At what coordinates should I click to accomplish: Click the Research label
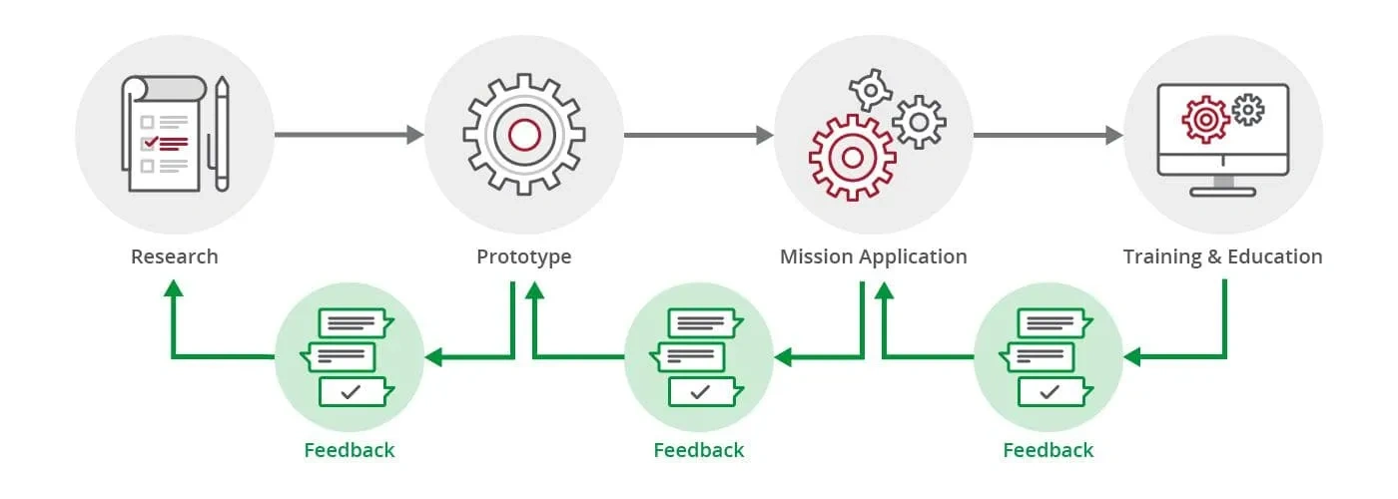(174, 256)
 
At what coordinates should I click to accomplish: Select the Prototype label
(523, 256)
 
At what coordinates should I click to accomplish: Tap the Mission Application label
(873, 256)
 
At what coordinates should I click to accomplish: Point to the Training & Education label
(1222, 256)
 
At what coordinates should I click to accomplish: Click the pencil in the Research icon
(221, 135)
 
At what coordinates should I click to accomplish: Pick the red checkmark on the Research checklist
(149, 143)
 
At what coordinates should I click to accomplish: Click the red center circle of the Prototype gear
(524, 135)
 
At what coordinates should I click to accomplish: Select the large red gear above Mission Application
(851, 156)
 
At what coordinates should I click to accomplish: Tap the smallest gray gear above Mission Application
(870, 91)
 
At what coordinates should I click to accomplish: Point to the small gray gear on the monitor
(1247, 109)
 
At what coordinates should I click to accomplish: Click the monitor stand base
(1222, 190)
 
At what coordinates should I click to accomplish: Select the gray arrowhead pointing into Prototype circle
(415, 135)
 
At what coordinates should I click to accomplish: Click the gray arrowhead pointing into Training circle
(1114, 135)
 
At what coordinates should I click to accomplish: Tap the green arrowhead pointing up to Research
(174, 288)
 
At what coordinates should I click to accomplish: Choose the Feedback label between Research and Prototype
(349, 450)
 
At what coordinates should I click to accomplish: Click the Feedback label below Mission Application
(699, 450)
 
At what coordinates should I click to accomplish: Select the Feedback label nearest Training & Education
(1048, 450)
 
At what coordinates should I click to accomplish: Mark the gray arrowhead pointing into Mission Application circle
(765, 135)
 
